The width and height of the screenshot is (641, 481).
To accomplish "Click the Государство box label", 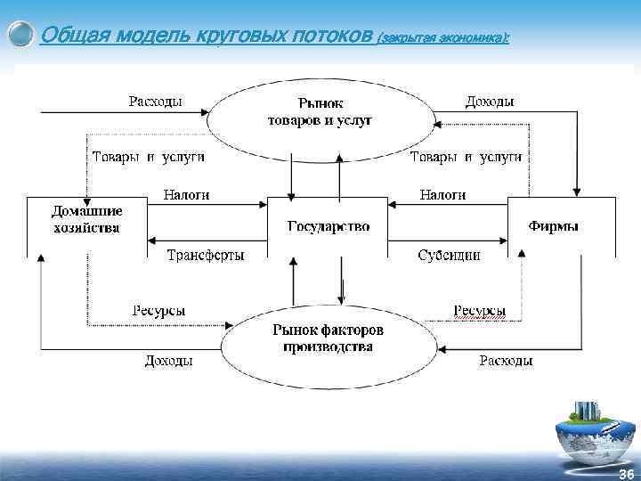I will click(328, 226).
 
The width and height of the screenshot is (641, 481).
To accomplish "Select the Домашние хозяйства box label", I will click(85, 219).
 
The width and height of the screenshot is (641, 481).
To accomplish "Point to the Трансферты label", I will click(206, 255).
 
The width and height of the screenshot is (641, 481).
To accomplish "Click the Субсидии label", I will click(449, 255).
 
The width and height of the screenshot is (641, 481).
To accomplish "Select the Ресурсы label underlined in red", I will click(480, 311).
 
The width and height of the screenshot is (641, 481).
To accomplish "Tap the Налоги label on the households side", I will click(187, 194).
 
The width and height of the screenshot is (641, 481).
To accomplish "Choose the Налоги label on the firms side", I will click(442, 194).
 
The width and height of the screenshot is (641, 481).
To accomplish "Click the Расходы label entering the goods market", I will click(156, 102).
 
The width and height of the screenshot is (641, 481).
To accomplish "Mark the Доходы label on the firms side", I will click(489, 102).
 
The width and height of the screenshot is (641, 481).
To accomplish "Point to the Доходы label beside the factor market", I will click(168, 361).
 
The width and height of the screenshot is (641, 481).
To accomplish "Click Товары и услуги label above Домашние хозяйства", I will click(149, 157).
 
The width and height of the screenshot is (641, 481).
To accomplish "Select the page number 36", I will click(626, 473).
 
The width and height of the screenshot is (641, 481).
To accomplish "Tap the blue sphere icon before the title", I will click(20, 36).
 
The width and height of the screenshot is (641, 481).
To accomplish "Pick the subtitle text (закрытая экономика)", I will click(442, 38).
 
